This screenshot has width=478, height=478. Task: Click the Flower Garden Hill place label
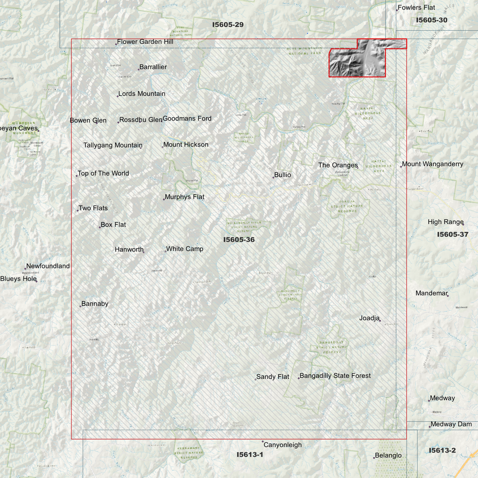click(145, 42)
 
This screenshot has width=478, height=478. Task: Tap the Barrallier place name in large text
click(153, 67)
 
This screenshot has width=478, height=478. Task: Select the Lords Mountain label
click(142, 94)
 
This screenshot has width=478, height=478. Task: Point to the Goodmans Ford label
click(187, 118)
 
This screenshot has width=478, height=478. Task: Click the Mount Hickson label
click(186, 145)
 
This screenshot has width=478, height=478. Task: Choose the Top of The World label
click(103, 173)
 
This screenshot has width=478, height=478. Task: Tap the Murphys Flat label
click(184, 197)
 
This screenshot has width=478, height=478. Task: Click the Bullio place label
click(282, 175)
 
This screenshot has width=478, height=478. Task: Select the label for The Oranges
click(338, 165)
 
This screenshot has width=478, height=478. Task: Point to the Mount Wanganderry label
click(432, 164)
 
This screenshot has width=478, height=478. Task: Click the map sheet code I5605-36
click(239, 239)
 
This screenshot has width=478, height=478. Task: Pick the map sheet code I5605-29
click(228, 24)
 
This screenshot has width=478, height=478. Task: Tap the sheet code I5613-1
click(250, 455)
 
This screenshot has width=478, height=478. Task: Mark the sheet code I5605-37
click(453, 235)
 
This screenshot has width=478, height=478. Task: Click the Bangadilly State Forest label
click(335, 376)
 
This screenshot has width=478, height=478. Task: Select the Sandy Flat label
click(273, 377)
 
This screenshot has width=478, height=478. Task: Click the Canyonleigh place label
click(282, 445)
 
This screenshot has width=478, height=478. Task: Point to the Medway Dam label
click(451, 424)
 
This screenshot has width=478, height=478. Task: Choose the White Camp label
click(185, 249)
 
